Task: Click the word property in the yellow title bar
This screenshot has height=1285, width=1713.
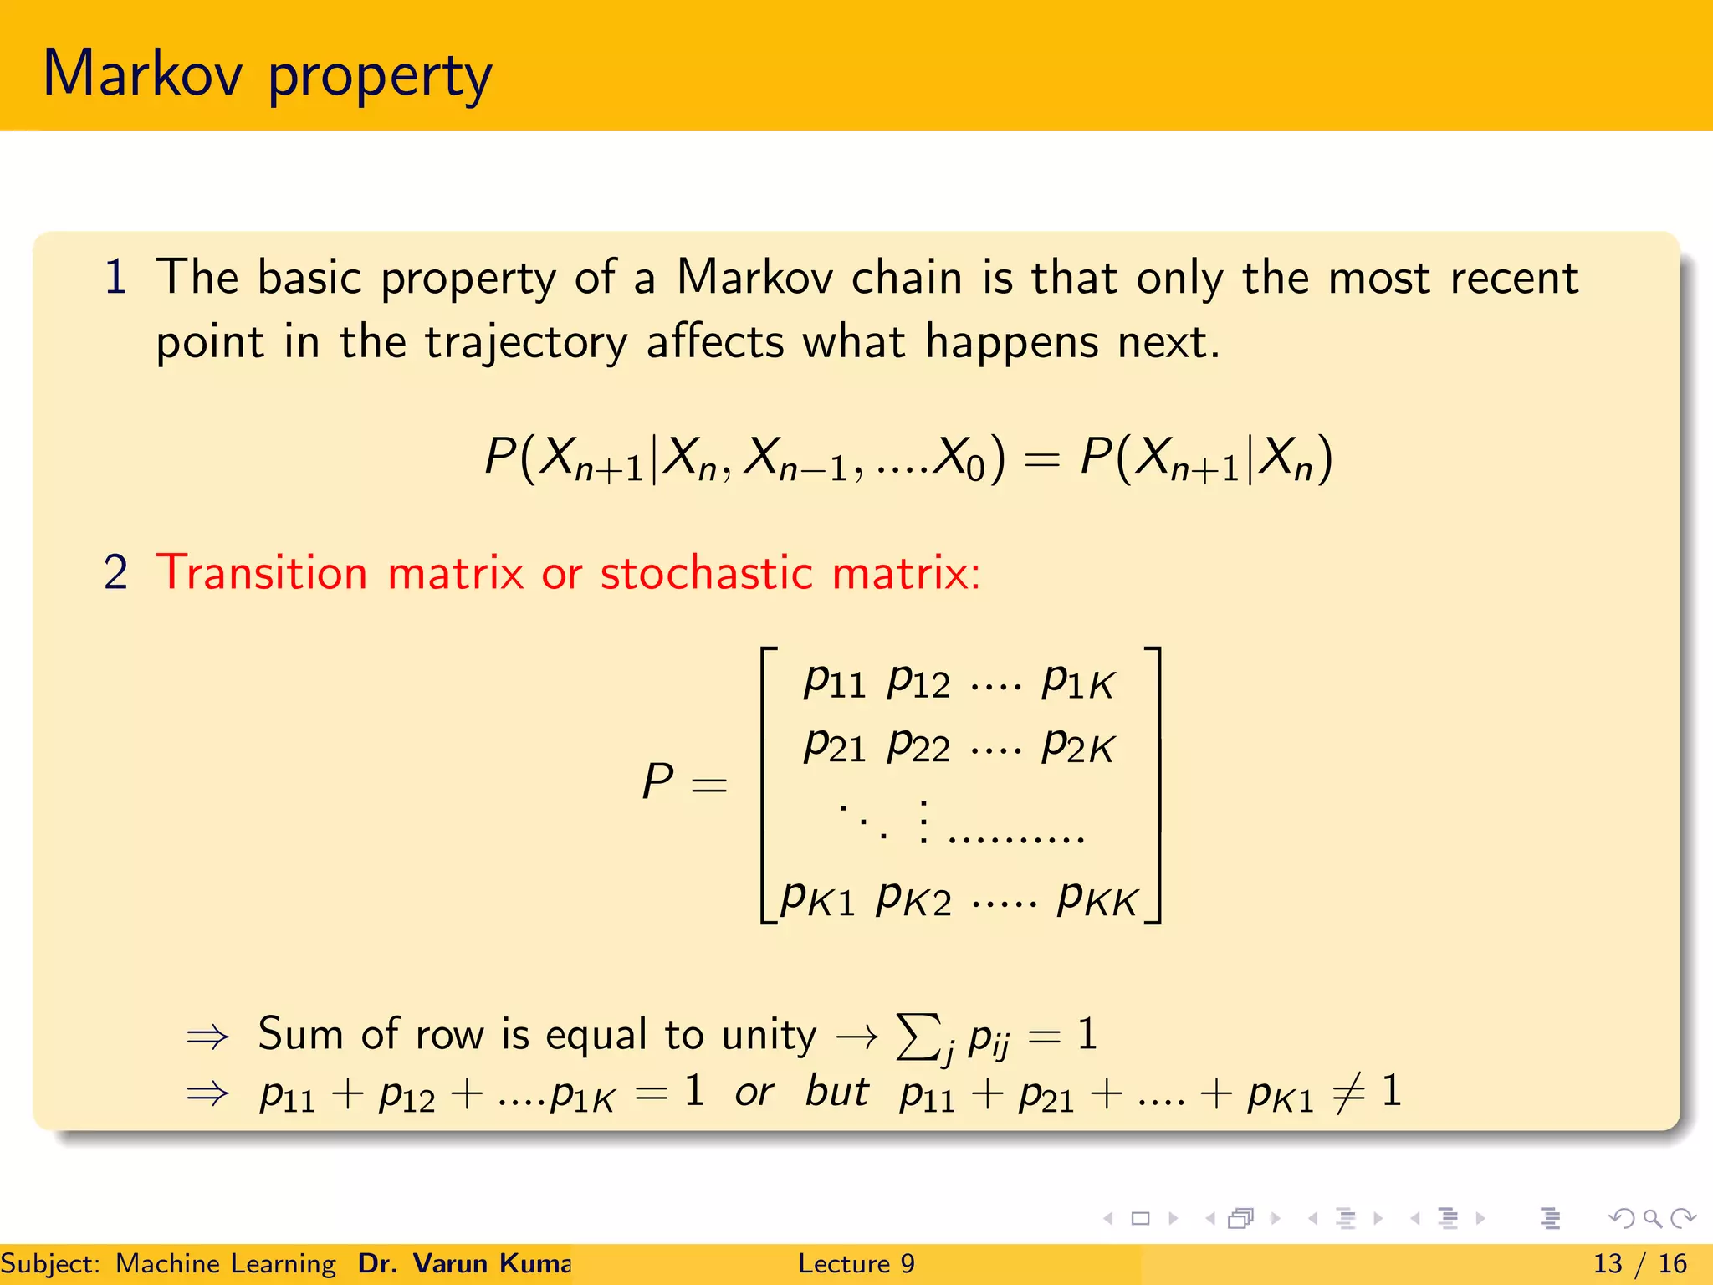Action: pos(380,77)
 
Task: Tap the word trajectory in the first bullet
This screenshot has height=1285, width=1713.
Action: pos(525,342)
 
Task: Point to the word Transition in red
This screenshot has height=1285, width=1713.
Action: pos(262,573)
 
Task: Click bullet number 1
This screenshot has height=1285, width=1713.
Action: pos(115,278)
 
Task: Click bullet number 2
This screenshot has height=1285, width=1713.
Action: pos(115,573)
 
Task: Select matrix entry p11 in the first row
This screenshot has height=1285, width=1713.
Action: pos(834,681)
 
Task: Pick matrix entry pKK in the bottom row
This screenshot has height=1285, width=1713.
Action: pos(1097,900)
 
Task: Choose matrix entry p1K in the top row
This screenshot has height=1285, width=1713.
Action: pos(1078,681)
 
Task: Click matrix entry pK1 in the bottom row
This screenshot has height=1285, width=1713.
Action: pos(817,900)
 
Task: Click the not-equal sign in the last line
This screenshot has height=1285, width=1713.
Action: pos(1348,1093)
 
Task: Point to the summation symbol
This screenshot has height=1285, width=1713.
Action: pos(917,1037)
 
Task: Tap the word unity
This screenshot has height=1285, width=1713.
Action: pos(769,1035)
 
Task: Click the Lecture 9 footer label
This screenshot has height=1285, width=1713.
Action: pos(856,1263)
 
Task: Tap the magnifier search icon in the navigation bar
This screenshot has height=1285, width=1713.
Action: pos(1652,1218)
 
